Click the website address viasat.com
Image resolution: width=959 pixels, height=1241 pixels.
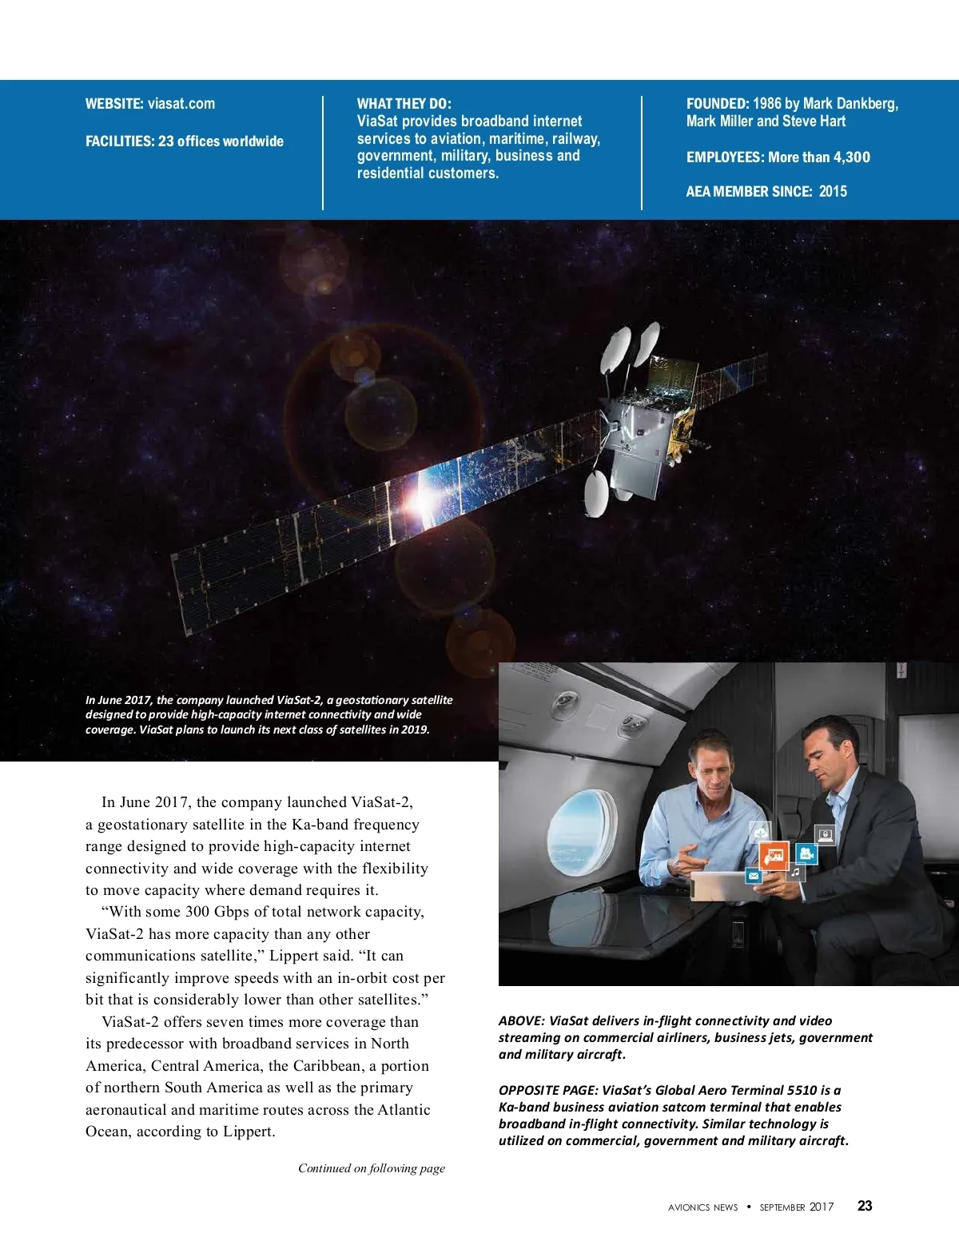pyautogui.click(x=181, y=104)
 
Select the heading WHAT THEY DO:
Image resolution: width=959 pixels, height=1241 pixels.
pyautogui.click(x=404, y=104)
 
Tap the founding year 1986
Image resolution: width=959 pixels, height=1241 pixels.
pyautogui.click(x=766, y=104)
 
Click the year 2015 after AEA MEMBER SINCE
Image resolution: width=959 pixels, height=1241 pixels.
pyautogui.click(x=833, y=191)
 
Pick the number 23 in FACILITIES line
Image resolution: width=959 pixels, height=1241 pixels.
pyautogui.click(x=165, y=141)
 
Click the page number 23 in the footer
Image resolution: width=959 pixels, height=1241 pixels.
pyautogui.click(x=865, y=1206)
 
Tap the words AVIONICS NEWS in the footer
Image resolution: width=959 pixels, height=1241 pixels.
pyautogui.click(x=702, y=1207)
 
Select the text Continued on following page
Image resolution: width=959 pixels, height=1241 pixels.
pyautogui.click(x=372, y=1168)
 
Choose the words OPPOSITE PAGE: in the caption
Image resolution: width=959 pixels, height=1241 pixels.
pyautogui.click(x=548, y=1090)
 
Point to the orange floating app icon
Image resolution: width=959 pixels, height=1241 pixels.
pyautogui.click(x=774, y=857)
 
